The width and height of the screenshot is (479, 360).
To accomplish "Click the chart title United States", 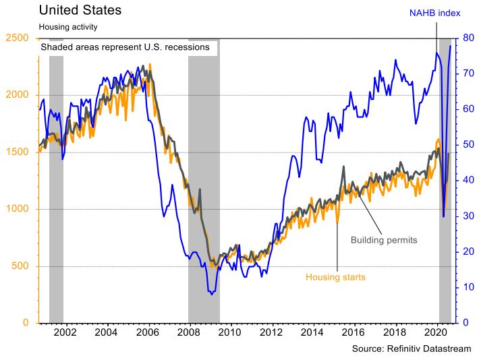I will pos(80,10).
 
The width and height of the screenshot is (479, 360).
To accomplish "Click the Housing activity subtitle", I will pos(68,27).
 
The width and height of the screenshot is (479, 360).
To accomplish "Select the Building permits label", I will pos(384,240).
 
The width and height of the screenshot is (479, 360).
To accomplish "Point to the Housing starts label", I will pos(336,277).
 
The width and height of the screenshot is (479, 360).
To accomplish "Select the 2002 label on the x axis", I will pos(65,332).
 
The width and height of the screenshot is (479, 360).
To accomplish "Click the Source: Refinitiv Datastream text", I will pos(412,349).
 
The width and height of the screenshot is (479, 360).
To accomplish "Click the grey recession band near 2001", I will pos(56,202).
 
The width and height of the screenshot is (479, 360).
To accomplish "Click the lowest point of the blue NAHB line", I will pos(211,295).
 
